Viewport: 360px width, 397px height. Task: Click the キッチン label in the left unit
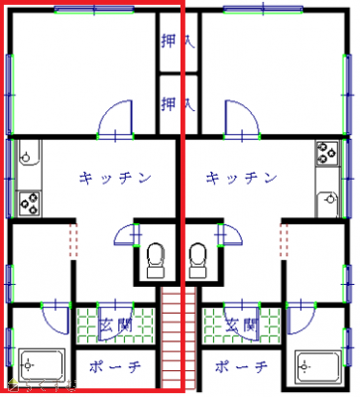(x=116, y=178)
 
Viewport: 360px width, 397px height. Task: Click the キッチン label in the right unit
(x=241, y=178)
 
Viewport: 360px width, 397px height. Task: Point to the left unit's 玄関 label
(x=116, y=324)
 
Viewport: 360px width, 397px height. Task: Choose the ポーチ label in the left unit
(x=116, y=366)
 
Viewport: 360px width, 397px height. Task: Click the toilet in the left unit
(x=154, y=259)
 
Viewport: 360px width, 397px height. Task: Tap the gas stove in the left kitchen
(x=29, y=202)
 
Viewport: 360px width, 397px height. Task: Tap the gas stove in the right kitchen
(x=327, y=153)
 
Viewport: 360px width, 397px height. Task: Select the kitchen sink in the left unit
(x=28, y=154)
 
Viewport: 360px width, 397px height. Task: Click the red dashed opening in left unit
(x=71, y=239)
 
